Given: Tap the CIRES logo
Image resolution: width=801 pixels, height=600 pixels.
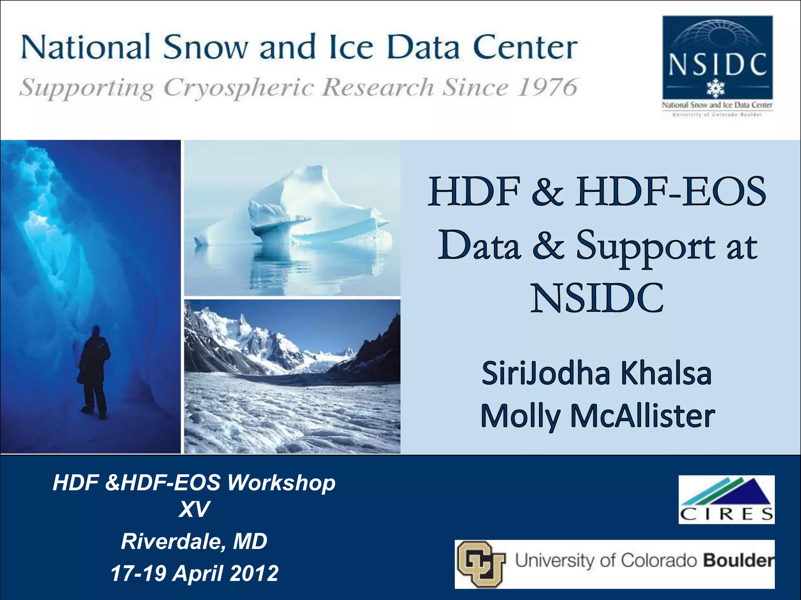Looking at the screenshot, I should pos(726,499).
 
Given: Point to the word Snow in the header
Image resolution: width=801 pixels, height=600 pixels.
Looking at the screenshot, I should pos(206,48).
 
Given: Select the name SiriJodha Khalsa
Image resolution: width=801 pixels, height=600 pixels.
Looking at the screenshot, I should pos(596,373).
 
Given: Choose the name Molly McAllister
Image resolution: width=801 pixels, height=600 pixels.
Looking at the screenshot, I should pos(598,416).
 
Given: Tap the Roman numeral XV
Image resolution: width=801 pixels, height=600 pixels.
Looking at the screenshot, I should pos(194,509).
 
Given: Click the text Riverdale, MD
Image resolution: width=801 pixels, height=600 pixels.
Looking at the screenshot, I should pos(194,541).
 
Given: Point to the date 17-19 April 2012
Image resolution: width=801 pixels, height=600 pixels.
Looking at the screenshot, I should pos(194,573).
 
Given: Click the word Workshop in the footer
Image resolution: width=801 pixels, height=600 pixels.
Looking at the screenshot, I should pos(281,482).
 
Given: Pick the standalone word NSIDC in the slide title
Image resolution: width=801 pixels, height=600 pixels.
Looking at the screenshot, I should pos(597,298).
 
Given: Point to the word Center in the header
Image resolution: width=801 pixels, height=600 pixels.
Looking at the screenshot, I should pos(525,48).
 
